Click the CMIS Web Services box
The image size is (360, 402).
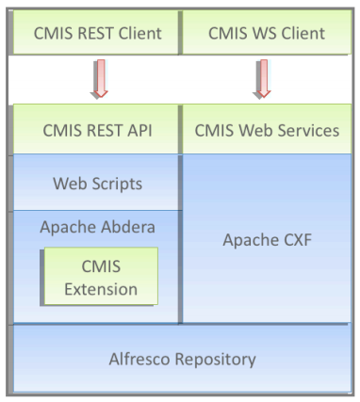[267, 131]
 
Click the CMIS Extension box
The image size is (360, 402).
[98, 277]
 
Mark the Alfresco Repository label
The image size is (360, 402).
[180, 359]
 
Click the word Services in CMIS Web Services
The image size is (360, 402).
[305, 131]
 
